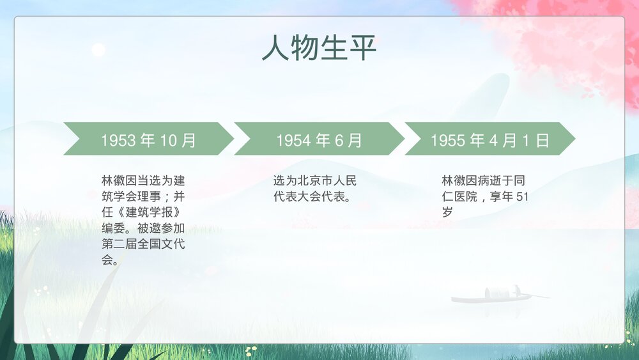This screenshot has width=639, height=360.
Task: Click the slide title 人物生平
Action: pos(319,49)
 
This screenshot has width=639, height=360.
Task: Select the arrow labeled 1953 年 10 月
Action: pos(148,139)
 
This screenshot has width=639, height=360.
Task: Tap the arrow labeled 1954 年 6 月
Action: pos(319,139)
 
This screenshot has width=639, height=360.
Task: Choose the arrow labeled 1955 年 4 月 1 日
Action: pos(490,139)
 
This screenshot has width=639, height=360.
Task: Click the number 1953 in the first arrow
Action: pos(118,140)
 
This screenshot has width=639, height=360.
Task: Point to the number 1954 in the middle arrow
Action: pos(293,140)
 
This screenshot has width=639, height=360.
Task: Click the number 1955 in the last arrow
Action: pos(447,140)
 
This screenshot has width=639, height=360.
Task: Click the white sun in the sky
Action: pos(98,49)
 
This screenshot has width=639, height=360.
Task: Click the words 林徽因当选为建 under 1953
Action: pos(143,180)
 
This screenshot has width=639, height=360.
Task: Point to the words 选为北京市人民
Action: pos(315,180)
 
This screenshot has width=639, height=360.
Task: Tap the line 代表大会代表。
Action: pos(311,196)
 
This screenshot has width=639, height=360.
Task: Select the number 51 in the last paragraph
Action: pos(522,196)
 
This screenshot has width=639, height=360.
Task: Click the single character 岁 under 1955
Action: pos(447,212)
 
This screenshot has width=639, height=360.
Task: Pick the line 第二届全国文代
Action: pos(143,244)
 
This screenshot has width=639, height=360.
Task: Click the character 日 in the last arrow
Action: pos(543,140)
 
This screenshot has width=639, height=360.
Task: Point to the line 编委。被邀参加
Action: pos(143,228)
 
